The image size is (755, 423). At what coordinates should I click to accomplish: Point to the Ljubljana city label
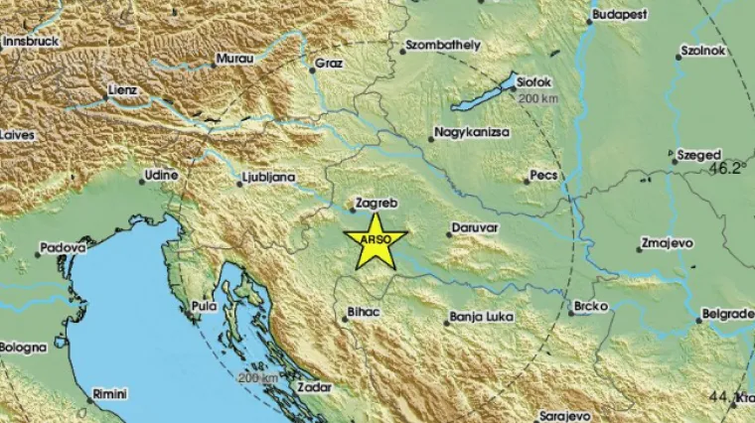[269, 178]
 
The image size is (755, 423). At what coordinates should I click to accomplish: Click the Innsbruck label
[30, 42]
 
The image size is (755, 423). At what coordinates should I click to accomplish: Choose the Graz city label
[328, 64]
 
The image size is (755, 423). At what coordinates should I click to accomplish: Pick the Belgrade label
[726, 314]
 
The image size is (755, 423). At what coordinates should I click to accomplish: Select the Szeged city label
[697, 156]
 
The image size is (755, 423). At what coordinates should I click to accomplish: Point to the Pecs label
[543, 175]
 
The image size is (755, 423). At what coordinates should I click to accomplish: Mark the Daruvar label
[474, 227]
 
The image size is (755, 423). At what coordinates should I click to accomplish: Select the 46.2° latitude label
[727, 169]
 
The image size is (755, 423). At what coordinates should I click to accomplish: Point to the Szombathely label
[443, 46]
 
